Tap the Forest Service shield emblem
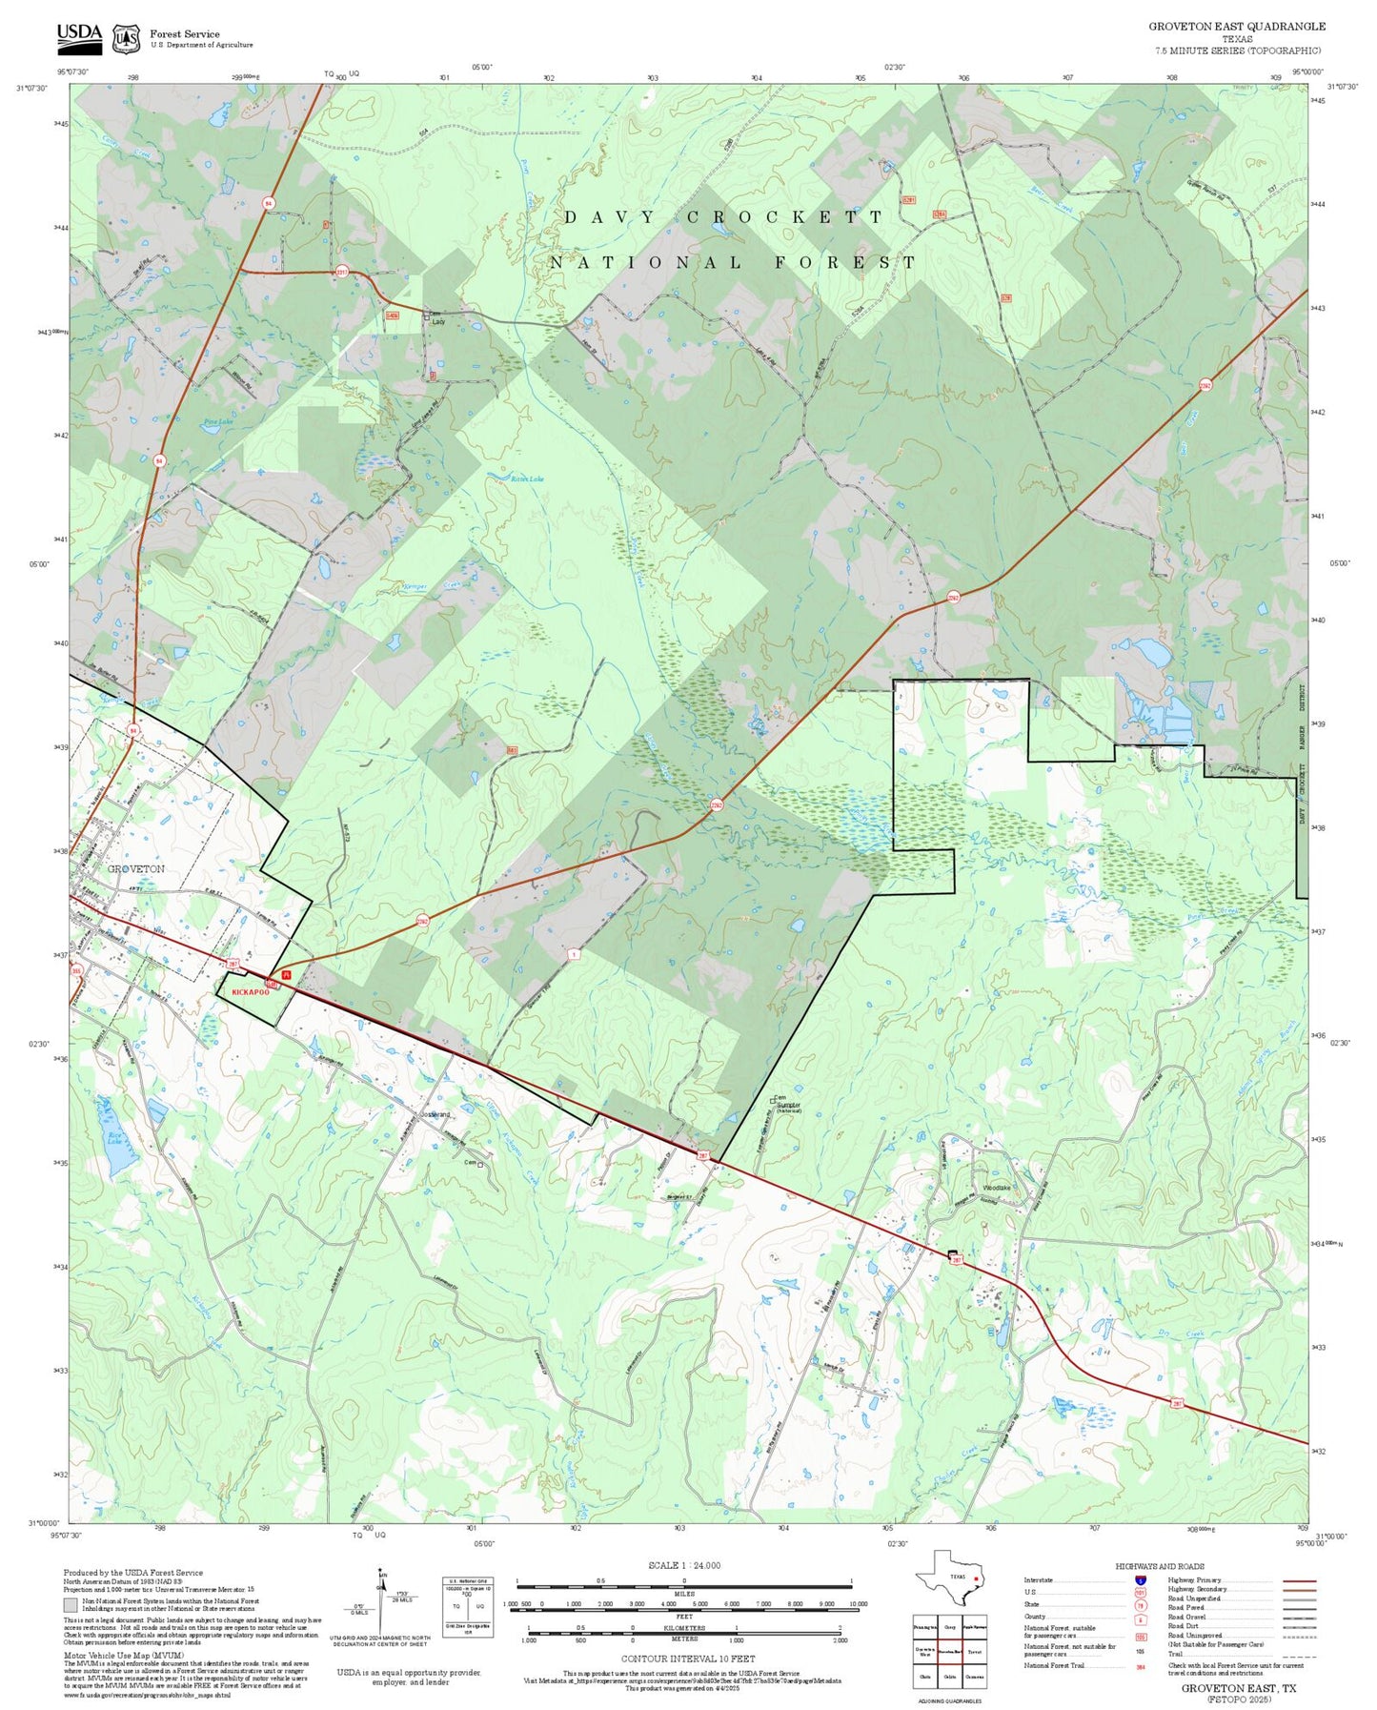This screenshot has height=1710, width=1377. (125, 39)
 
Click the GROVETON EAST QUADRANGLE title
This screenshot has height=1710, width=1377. (1236, 27)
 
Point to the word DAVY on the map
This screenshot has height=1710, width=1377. (610, 217)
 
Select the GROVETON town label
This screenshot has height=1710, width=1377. (135, 868)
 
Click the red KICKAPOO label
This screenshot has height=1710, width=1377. (251, 992)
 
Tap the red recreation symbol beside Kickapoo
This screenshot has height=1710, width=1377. (286, 978)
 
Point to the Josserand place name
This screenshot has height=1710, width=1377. (435, 1114)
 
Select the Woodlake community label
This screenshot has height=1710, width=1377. (996, 1188)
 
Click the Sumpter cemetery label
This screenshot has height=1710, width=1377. (788, 1105)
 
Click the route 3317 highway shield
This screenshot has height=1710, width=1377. (341, 272)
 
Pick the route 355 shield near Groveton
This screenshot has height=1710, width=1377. (76, 970)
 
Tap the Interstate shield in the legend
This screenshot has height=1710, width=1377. (1141, 1580)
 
